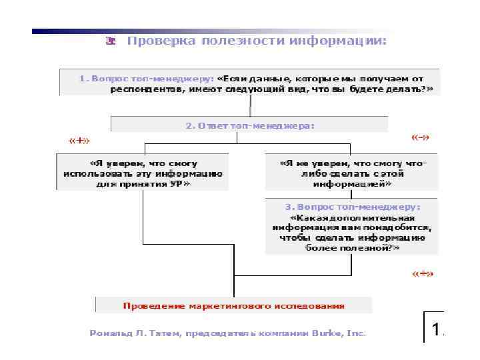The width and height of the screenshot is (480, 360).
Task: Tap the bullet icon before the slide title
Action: point(111,41)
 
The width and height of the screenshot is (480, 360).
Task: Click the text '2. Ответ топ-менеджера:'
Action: point(249,125)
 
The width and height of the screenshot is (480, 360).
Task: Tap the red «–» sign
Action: point(420,138)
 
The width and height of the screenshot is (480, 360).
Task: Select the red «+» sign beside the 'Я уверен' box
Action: point(79,140)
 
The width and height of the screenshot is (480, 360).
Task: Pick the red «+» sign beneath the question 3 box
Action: point(422,274)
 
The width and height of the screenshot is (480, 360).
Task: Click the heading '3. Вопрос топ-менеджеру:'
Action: point(352,207)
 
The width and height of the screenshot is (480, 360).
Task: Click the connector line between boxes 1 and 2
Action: point(250,105)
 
